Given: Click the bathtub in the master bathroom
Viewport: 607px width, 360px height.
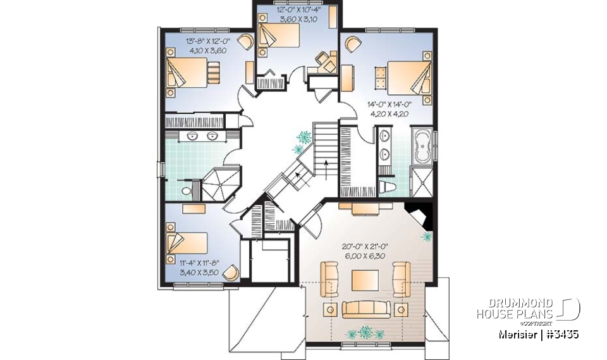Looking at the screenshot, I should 421,147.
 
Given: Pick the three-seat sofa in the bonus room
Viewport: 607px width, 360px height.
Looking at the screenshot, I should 365,308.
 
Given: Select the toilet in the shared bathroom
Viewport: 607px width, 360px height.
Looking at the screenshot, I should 186,190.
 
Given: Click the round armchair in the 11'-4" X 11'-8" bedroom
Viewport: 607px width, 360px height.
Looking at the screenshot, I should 232,271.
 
